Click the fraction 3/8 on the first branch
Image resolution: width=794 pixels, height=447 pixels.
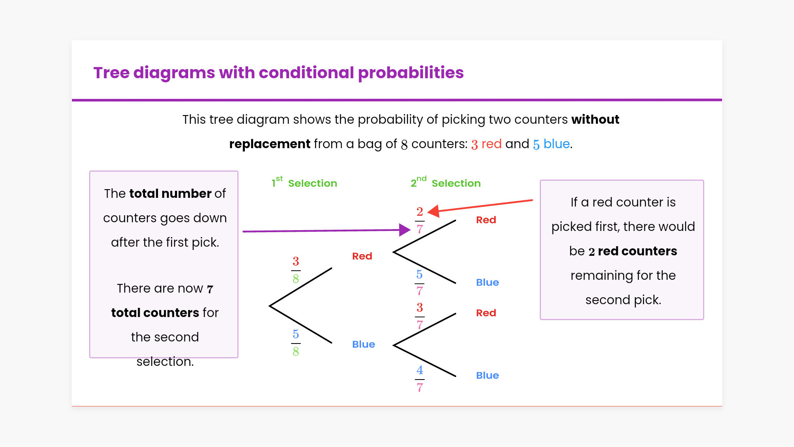296,270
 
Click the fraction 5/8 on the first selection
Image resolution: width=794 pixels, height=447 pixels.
296,343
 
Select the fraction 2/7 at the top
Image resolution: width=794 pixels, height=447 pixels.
420,221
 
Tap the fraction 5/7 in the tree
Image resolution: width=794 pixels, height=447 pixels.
420,283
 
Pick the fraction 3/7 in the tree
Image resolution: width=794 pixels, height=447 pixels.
420,316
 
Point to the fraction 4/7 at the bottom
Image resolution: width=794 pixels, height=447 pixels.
420,379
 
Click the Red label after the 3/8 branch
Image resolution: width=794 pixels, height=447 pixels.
362,256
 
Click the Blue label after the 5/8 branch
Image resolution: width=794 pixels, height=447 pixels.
364,344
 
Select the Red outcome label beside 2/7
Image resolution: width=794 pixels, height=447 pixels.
486,220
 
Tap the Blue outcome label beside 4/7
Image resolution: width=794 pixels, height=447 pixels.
488,375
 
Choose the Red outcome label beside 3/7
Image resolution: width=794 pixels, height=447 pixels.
486,313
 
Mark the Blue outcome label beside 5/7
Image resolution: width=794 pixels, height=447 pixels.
488,282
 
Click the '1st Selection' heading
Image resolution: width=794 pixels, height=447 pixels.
304,182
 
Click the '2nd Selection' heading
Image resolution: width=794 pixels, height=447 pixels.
446,182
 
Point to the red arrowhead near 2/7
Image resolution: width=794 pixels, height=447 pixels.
433,211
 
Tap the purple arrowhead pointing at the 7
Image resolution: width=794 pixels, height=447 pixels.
405,230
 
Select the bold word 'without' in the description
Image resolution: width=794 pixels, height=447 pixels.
595,120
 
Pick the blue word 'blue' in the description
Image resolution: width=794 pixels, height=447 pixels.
557,144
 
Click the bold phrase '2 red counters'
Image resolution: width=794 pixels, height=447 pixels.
633,251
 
